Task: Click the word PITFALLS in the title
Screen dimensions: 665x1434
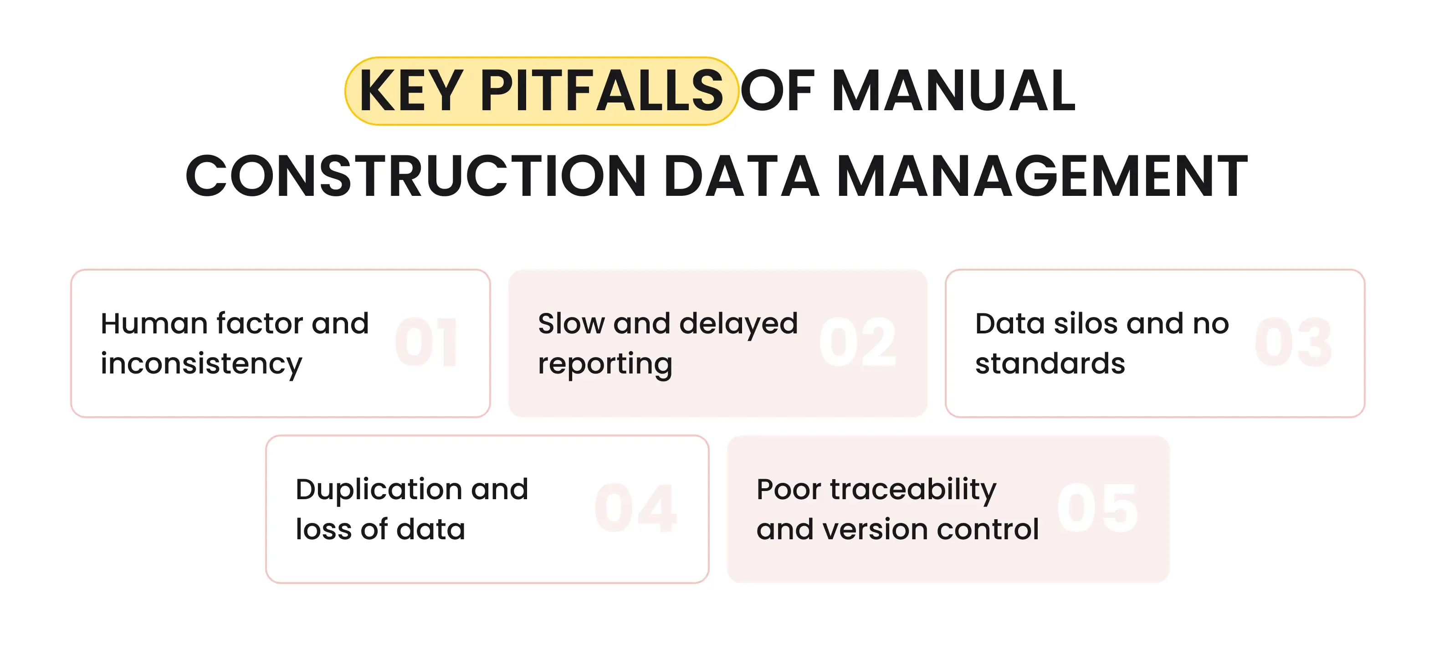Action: click(x=601, y=91)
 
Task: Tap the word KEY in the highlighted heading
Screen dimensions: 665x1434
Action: click(x=411, y=91)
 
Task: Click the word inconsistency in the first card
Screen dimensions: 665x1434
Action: click(x=201, y=364)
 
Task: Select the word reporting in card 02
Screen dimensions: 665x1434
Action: click(x=605, y=364)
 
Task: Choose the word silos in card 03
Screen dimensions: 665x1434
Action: click(x=1086, y=323)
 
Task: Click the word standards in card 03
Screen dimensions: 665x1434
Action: click(x=1050, y=364)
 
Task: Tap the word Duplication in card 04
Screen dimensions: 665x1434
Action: click(x=378, y=490)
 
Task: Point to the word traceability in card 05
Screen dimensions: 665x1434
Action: click(x=913, y=490)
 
